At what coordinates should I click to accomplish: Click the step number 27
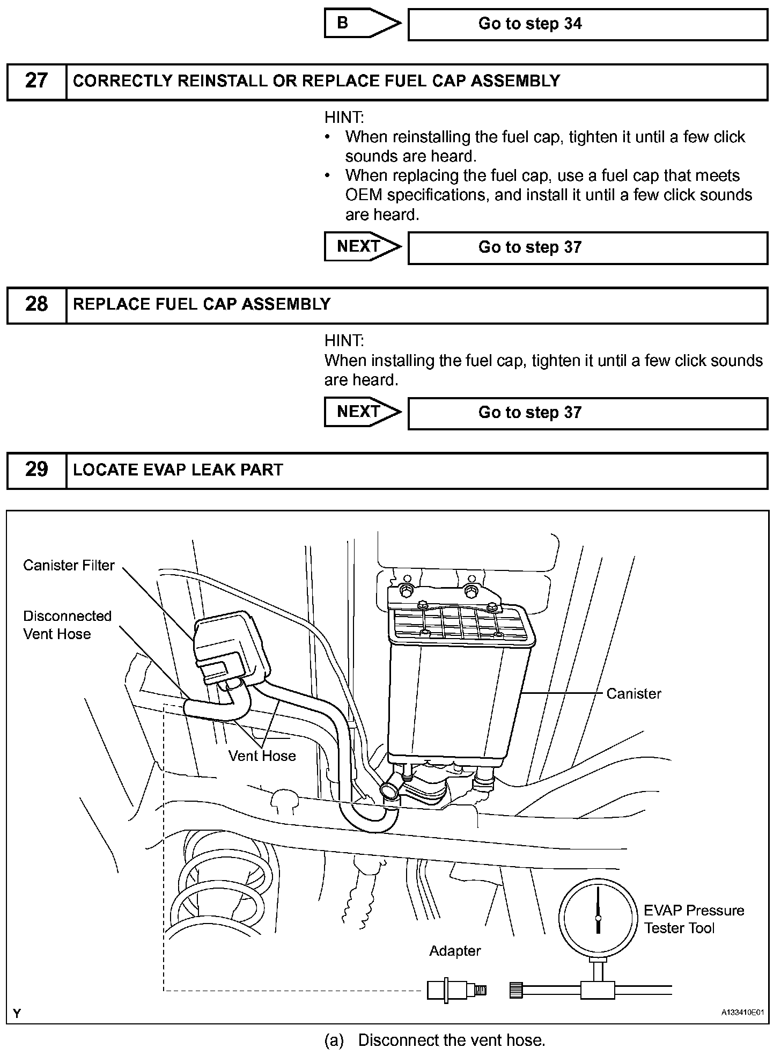pos(36,81)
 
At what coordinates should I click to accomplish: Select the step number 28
pos(36,304)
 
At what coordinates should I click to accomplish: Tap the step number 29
pos(36,470)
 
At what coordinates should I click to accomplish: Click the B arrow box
pos(361,23)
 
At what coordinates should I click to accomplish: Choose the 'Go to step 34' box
pos(587,24)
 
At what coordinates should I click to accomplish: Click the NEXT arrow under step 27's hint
pos(361,246)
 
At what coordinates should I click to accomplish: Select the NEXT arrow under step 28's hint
pos(361,412)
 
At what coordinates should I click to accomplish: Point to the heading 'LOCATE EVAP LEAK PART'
pos(178,470)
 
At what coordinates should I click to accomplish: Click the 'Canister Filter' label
pos(69,565)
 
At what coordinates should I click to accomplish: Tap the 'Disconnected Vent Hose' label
pos(67,625)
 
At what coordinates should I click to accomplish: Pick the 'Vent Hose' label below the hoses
pos(262,756)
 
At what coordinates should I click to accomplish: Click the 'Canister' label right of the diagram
pos(633,693)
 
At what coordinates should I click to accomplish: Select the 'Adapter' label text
pos(455,951)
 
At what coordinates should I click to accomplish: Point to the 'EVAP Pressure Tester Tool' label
pos(694,919)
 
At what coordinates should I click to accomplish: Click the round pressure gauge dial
pos(598,918)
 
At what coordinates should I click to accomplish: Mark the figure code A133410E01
pos(742,1013)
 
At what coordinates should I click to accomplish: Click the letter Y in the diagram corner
pos(17,1013)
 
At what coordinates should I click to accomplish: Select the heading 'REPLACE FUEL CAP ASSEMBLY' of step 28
pos(202,304)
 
